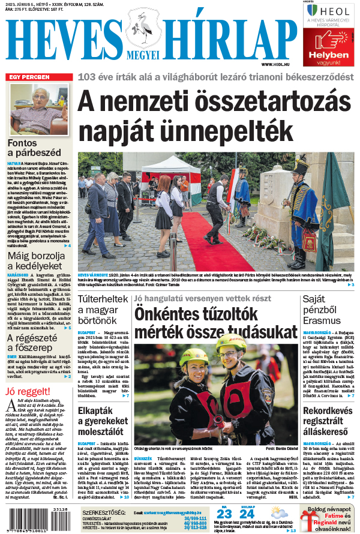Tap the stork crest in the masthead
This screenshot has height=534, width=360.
click(143, 33)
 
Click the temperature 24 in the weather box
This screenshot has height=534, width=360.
click(247, 514)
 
